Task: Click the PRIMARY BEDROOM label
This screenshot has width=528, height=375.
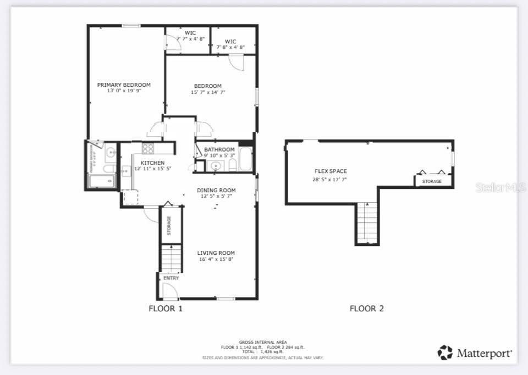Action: pyautogui.click(x=124, y=85)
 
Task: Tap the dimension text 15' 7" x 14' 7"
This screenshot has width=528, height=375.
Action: pyautogui.click(x=208, y=92)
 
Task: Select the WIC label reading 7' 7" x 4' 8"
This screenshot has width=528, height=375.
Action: pyautogui.click(x=191, y=39)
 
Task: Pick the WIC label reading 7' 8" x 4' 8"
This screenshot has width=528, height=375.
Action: pyautogui.click(x=230, y=47)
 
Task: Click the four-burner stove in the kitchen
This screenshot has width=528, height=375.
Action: pyautogui.click(x=148, y=148)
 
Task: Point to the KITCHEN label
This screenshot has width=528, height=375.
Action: pyautogui.click(x=152, y=163)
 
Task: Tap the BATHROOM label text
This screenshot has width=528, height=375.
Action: pyautogui.click(x=219, y=149)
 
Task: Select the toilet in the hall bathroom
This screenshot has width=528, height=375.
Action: pyautogui.click(x=232, y=165)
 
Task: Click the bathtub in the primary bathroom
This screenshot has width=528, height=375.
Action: pyautogui.click(x=103, y=181)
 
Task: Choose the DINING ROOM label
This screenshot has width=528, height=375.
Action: pyautogui.click(x=216, y=190)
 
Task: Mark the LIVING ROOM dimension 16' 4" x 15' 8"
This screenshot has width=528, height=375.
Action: pyautogui.click(x=216, y=259)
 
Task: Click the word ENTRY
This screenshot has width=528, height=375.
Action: pyautogui.click(x=171, y=278)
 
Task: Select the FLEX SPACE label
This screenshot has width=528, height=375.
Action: pyautogui.click(x=331, y=171)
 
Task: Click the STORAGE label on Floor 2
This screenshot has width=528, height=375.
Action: pyautogui.click(x=432, y=181)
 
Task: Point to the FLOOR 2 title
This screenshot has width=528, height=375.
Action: pyautogui.click(x=366, y=309)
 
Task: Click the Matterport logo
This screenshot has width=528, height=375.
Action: pyautogui.click(x=475, y=353)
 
